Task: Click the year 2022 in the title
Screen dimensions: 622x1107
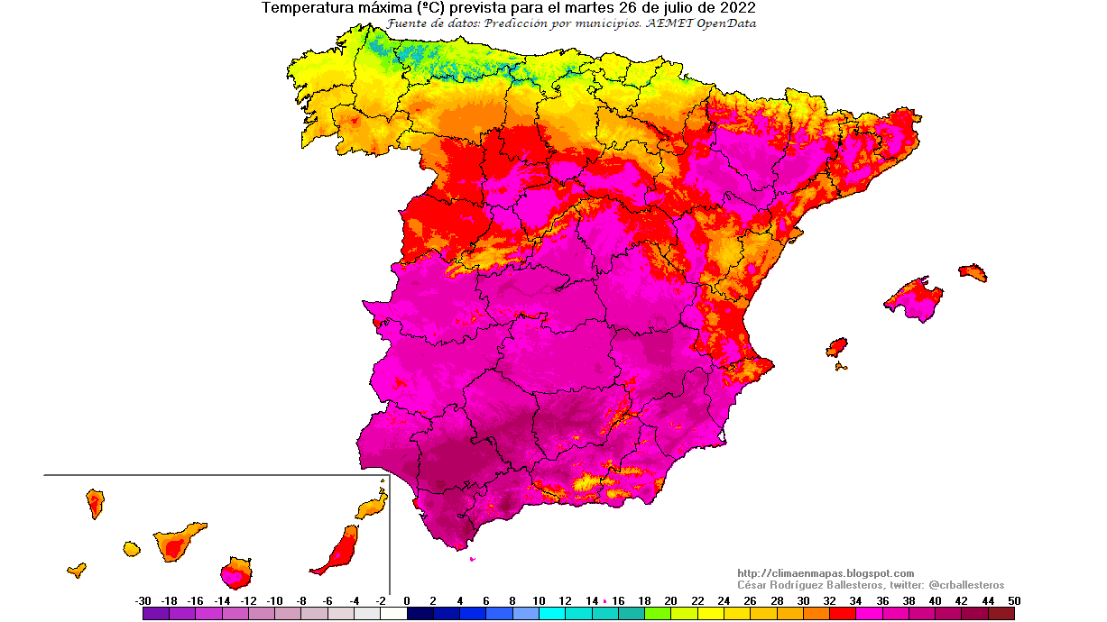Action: [736, 8]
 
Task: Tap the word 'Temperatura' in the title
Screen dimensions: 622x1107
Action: [304, 8]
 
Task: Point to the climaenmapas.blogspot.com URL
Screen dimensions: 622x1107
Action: [826, 573]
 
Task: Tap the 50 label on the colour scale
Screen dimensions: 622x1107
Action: [1015, 600]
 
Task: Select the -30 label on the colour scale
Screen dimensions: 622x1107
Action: [143, 600]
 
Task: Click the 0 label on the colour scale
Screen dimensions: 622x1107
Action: [407, 600]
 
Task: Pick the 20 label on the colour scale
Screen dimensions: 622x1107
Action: [670, 600]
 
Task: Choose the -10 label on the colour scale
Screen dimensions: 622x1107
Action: [274, 600]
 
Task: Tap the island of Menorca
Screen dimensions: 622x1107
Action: [973, 272]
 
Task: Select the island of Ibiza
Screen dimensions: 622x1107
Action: [837, 347]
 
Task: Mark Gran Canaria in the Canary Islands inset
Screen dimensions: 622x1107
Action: [236, 572]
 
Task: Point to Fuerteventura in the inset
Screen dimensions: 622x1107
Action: [339, 549]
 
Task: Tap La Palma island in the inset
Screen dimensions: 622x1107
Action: [95, 502]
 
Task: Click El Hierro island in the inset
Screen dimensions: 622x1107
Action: [77, 570]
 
